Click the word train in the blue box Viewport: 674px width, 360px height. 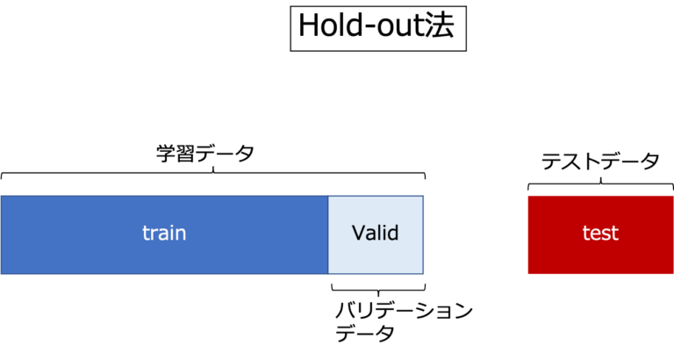pyautogui.click(x=164, y=234)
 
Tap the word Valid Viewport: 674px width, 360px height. pyautogui.click(x=375, y=234)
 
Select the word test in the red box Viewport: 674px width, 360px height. pyautogui.click(x=600, y=234)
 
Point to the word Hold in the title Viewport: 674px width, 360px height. pyautogui.click(x=331, y=26)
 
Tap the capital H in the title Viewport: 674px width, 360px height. pyautogui.click(x=309, y=26)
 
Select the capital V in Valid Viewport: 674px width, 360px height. pyautogui.click(x=358, y=234)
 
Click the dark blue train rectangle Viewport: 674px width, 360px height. pyautogui.click(x=88, y=234)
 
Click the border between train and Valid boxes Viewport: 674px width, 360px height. pyautogui.click(x=328, y=234)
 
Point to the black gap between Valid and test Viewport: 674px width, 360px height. pyautogui.click(x=475, y=234)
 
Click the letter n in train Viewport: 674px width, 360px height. pyautogui.click(x=181, y=234)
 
